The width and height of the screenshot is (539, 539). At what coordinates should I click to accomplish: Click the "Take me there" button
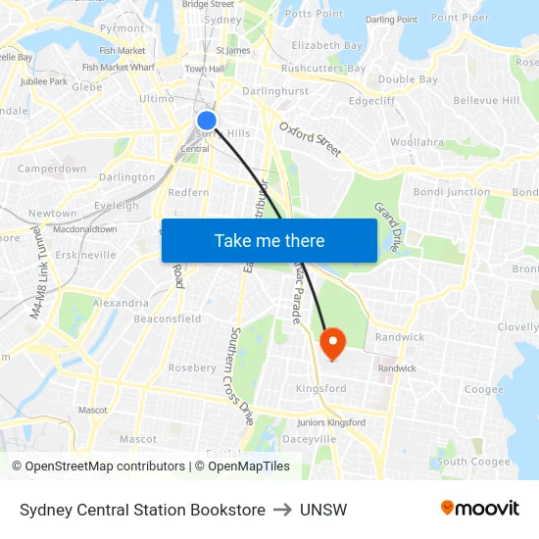tap(269, 240)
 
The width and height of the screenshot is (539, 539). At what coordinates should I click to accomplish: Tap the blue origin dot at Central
tap(207, 121)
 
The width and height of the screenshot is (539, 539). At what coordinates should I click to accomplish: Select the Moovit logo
tap(480, 509)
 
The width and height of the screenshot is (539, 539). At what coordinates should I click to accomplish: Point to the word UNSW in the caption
tap(323, 510)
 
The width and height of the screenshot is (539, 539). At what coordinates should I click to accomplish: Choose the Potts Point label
tap(314, 14)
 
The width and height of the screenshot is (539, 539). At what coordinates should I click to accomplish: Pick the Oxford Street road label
tap(311, 139)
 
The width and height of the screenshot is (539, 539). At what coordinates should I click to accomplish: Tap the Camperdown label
tap(52, 169)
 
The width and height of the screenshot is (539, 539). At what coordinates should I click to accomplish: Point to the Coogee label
tap(483, 389)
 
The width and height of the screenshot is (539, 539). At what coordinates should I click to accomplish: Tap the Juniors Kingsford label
tap(331, 422)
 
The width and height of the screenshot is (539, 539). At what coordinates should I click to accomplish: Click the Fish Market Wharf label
tap(119, 68)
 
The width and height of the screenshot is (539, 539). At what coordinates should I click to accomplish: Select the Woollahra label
tap(416, 142)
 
